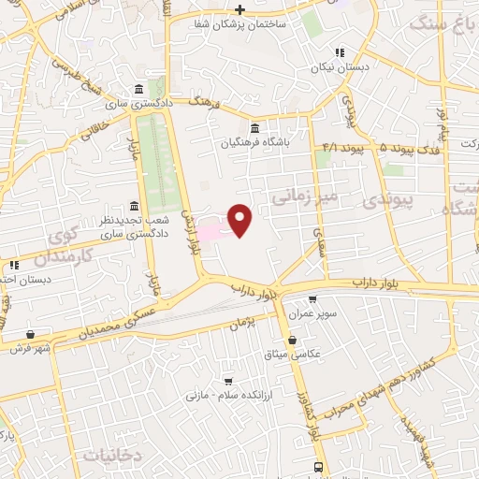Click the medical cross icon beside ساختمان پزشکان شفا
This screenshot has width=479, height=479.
tap(240, 8)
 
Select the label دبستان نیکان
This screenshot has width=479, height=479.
tap(340, 67)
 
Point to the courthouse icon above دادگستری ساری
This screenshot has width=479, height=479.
tap(138, 88)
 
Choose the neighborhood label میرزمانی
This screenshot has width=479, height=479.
tap(302, 198)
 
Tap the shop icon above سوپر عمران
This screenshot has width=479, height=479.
tap(312, 299)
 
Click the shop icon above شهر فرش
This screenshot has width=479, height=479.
tap(32, 334)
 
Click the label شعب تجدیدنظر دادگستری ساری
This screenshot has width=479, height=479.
tap(134, 226)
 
